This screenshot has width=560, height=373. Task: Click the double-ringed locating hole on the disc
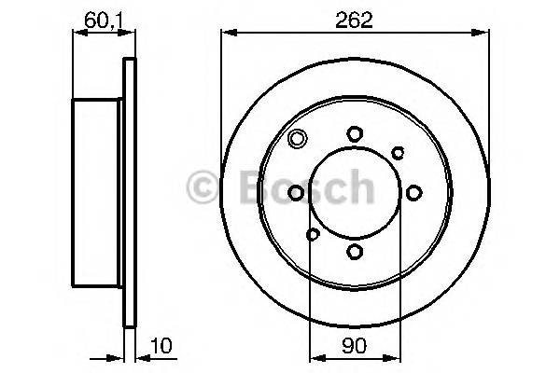[297, 141]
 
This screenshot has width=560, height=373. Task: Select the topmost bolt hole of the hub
[354, 134]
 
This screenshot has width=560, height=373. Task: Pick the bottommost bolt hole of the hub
[354, 251]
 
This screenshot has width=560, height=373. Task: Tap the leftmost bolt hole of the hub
[296, 192]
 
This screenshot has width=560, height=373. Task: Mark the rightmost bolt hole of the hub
[412, 192]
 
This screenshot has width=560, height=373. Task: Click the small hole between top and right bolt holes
[398, 152]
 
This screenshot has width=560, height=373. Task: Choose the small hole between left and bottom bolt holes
[313, 234]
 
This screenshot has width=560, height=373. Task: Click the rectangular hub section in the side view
[98, 192]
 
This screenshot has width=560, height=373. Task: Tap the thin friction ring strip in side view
[130, 192]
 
